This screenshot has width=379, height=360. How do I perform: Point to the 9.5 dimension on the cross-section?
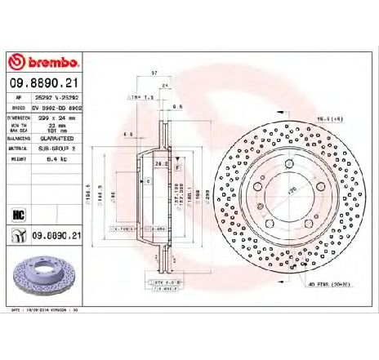click(176, 106)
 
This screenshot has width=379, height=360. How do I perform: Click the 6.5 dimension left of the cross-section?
click(127, 134)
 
